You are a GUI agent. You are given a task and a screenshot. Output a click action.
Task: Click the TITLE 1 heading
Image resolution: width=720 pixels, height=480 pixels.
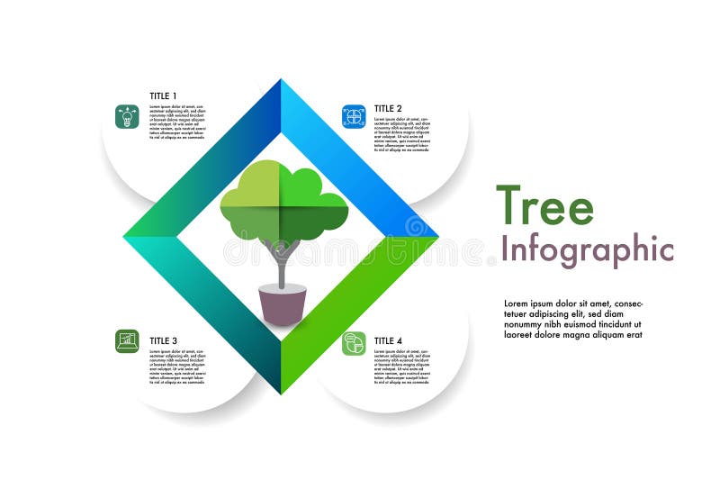pyautogui.click(x=163, y=96)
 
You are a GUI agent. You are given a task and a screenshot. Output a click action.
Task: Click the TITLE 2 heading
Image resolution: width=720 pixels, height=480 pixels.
pyautogui.click(x=388, y=108)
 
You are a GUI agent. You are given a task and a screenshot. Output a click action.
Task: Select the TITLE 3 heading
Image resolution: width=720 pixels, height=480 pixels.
pyautogui.click(x=163, y=340)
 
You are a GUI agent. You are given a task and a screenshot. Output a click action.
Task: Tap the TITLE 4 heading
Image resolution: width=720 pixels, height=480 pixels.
pyautogui.click(x=388, y=340)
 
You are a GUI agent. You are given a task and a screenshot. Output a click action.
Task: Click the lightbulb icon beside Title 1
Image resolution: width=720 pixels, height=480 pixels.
pyautogui.click(x=127, y=116)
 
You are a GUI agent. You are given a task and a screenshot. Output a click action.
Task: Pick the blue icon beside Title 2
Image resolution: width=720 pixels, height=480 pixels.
pyautogui.click(x=354, y=116)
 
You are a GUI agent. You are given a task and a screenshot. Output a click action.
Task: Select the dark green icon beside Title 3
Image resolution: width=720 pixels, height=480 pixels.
pyautogui.click(x=127, y=340)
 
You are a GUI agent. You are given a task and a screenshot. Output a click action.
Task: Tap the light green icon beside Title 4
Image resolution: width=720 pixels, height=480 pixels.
pyautogui.click(x=354, y=343)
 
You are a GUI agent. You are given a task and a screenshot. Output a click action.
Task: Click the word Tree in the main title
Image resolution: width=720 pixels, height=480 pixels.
pyautogui.click(x=544, y=206)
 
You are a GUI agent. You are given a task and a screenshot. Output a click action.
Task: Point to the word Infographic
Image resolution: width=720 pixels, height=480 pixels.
pyautogui.click(x=587, y=249)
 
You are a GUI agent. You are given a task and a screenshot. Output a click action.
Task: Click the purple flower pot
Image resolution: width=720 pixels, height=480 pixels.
pyautogui.click(x=283, y=305)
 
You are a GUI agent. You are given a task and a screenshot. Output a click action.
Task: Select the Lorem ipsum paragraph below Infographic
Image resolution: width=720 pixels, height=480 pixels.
pyautogui.click(x=573, y=319)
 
